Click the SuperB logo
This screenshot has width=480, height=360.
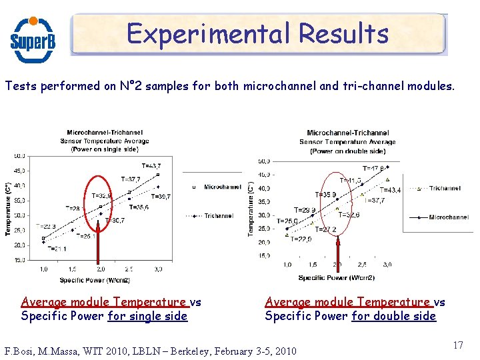[33, 38]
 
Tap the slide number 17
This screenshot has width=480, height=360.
[457, 345]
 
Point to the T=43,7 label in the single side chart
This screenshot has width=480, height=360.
[151, 165]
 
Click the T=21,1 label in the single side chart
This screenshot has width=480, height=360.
[57, 249]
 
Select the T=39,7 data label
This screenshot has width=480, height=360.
[161, 197]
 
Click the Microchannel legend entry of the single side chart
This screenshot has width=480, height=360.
[222, 187]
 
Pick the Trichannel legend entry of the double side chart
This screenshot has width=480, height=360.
[445, 189]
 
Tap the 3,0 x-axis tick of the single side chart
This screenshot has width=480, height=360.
[158, 269]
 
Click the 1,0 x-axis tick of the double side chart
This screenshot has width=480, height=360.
[287, 265]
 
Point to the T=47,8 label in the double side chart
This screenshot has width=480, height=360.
[373, 169]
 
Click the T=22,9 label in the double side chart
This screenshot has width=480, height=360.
[301, 239]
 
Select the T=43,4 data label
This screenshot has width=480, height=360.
[390, 191]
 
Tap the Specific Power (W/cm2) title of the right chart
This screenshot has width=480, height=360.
[336, 277]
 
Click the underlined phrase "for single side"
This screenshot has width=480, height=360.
[147, 316]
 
